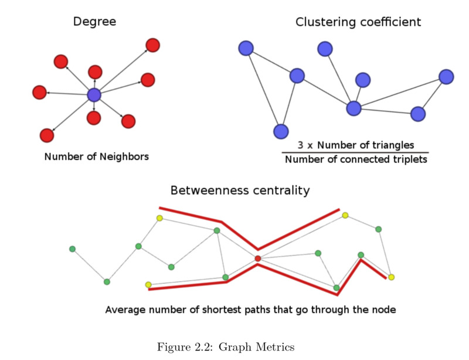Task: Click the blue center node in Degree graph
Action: [94, 95]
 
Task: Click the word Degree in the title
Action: [94, 22]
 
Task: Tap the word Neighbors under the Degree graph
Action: [124, 157]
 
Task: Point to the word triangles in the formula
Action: [393, 144]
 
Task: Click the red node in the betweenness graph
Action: [257, 258]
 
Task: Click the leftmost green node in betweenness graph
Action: [72, 249]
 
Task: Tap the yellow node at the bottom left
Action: [148, 285]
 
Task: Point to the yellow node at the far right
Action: [391, 277]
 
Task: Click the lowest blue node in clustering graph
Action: [281, 131]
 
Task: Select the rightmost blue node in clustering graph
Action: [446, 77]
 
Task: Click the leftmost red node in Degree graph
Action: [39, 92]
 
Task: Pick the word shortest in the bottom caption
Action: [239, 309]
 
